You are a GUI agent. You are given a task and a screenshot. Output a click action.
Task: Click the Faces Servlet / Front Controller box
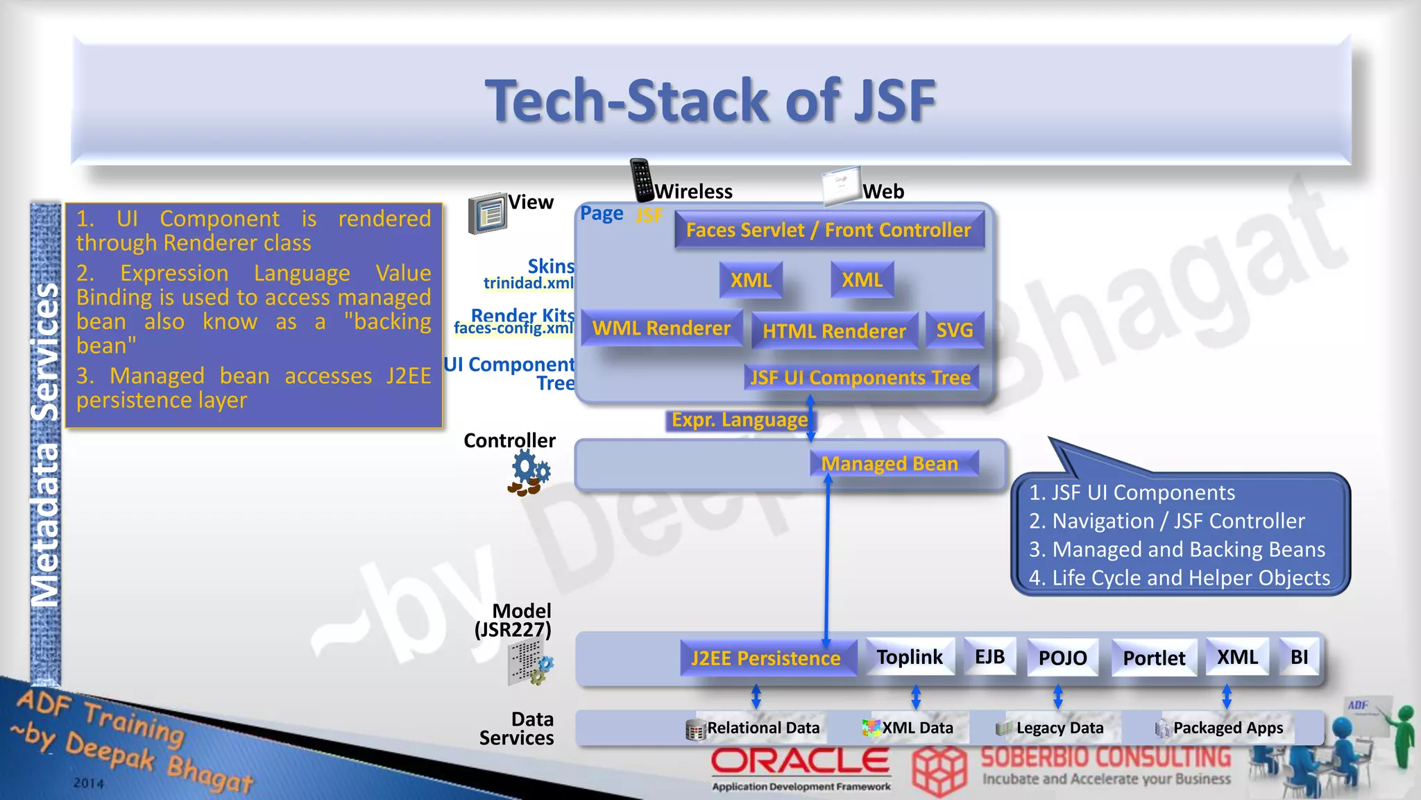coord(828,231)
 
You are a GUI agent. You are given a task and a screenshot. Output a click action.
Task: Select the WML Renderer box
coord(661,328)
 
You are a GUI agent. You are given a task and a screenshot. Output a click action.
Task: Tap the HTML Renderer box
coord(834,331)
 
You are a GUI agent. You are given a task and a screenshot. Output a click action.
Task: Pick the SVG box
coord(955,331)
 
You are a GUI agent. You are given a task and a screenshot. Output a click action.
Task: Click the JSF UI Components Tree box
coord(860,378)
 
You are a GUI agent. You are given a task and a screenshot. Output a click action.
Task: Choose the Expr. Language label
coord(740,420)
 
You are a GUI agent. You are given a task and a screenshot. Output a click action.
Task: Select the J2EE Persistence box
coord(766,658)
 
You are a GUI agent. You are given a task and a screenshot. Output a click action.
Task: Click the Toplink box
coord(910,657)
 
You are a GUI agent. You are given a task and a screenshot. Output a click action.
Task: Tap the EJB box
coord(990,657)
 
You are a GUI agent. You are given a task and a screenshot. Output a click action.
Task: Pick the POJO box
coord(1063,658)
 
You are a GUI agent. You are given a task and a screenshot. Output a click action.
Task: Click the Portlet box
coord(1155,658)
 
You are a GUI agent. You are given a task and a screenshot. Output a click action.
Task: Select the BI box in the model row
coord(1299,657)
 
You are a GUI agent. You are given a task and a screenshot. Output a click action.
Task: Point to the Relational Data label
coord(763,728)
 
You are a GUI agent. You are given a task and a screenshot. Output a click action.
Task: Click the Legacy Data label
coord(1060,728)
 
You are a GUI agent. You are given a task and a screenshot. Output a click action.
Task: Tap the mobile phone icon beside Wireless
coord(642,180)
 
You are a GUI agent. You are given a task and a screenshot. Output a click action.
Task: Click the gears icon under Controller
coord(529,473)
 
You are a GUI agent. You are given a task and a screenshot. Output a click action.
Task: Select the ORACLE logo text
coord(800,762)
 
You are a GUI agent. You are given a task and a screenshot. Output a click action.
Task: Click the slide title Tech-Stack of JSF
coord(710,101)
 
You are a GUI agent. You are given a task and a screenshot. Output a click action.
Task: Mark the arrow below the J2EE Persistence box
coord(756,697)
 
